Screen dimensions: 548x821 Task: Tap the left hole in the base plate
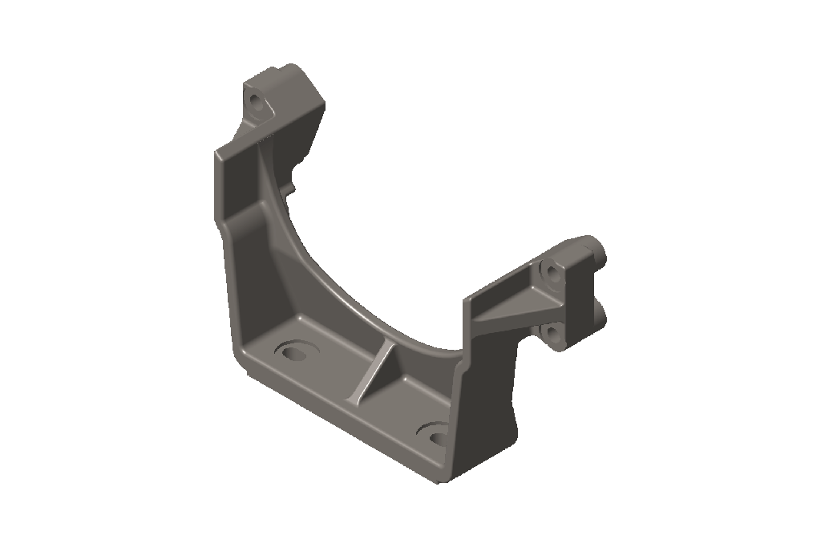[x=293, y=351]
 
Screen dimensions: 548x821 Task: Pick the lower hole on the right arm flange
[x=553, y=331]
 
